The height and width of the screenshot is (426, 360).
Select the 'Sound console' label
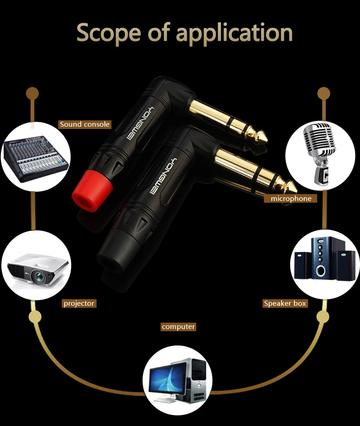point(85,124)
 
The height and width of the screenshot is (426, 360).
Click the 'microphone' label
point(291,198)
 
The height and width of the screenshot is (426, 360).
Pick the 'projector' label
point(79,303)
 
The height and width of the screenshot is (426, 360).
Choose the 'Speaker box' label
point(285,303)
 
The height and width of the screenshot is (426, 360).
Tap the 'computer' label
point(178,327)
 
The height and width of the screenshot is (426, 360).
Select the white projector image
point(36,267)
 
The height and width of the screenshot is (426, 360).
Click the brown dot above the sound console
point(32,93)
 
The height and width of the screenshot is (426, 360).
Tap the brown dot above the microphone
point(324,93)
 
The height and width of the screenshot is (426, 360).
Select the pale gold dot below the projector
point(35,317)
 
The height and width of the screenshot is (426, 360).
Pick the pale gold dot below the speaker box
point(323,317)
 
